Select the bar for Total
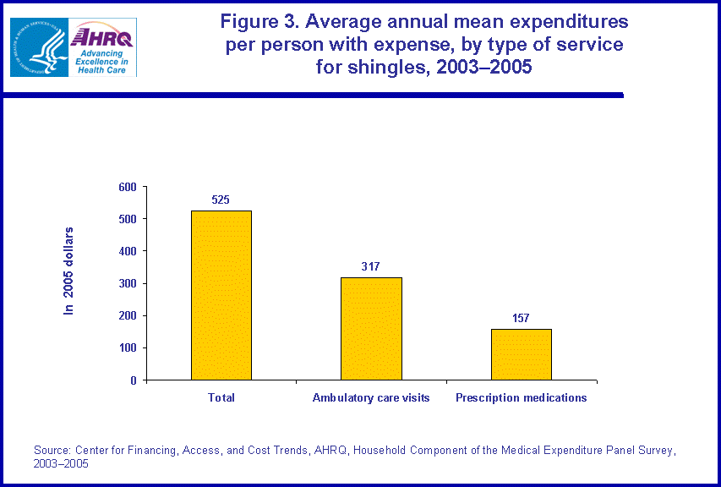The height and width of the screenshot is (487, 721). click(x=221, y=295)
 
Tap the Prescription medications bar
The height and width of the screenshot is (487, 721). click(x=521, y=354)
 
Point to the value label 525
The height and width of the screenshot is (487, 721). click(x=221, y=200)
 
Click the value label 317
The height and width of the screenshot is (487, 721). click(x=371, y=267)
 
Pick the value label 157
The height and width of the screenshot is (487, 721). click(x=521, y=319)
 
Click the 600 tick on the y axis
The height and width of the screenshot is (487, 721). click(x=126, y=187)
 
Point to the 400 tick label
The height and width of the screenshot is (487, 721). click(x=126, y=251)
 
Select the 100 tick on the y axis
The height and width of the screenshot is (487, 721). click(x=126, y=348)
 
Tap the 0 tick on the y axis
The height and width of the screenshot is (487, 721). click(x=132, y=380)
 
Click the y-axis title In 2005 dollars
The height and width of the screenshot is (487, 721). click(x=70, y=271)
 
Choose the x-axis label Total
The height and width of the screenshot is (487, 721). click(x=221, y=398)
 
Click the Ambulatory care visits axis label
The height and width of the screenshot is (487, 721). click(x=371, y=398)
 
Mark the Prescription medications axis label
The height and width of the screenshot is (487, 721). click(x=521, y=398)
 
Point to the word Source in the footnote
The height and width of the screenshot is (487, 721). click(x=52, y=451)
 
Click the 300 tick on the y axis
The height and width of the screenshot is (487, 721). click(x=126, y=283)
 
